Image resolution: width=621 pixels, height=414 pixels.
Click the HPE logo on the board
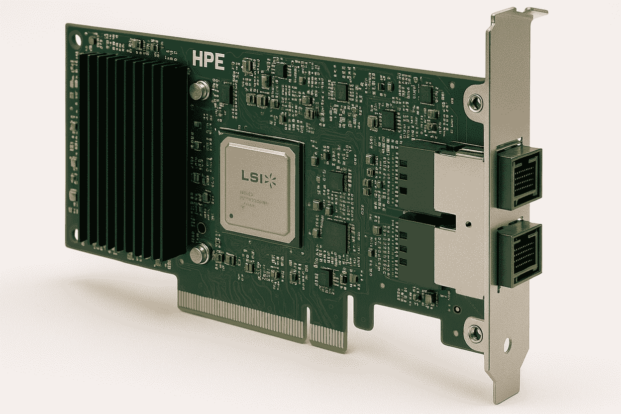(208, 61)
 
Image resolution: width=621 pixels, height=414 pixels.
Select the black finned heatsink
(132, 154)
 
